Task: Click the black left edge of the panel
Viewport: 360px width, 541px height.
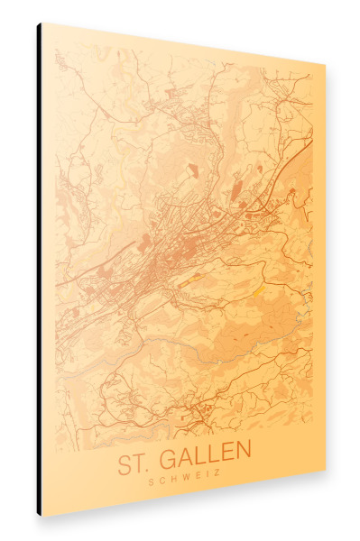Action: [39, 270]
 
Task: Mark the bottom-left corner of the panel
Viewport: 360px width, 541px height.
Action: [42, 517]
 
